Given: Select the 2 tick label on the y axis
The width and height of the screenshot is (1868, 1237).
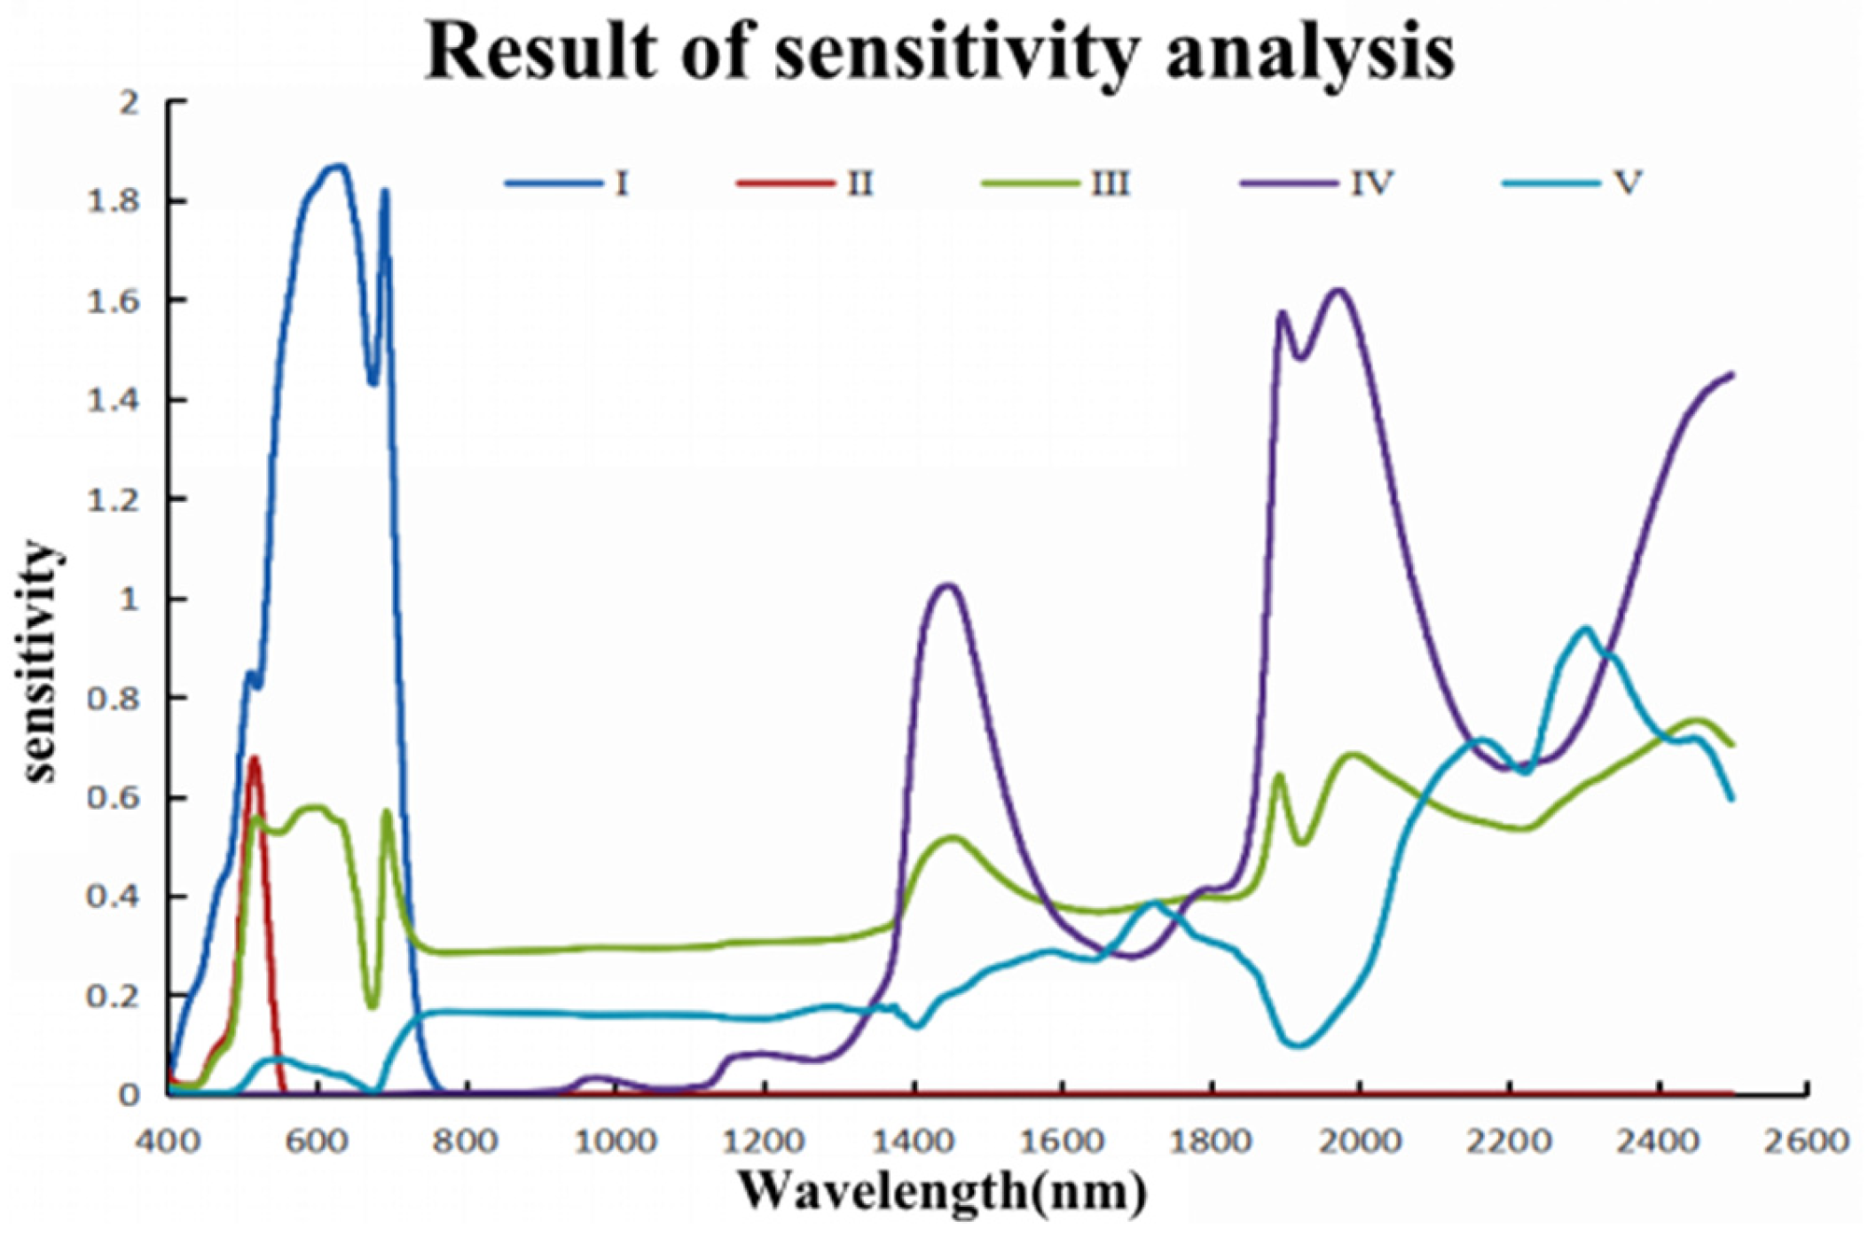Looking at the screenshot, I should (x=131, y=103).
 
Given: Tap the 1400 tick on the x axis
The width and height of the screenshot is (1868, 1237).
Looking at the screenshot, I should (x=913, y=1140).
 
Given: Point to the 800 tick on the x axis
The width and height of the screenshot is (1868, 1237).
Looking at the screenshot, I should (x=466, y=1140).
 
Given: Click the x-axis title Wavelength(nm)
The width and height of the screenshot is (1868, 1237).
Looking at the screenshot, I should (x=942, y=1191).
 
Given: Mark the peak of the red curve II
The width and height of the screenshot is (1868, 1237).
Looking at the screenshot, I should (x=255, y=758).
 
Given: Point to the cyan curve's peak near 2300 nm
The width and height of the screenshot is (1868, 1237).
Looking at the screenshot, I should (x=1586, y=629).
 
